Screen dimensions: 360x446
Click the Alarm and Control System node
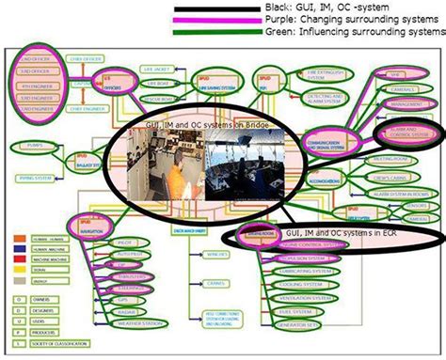[406, 133]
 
